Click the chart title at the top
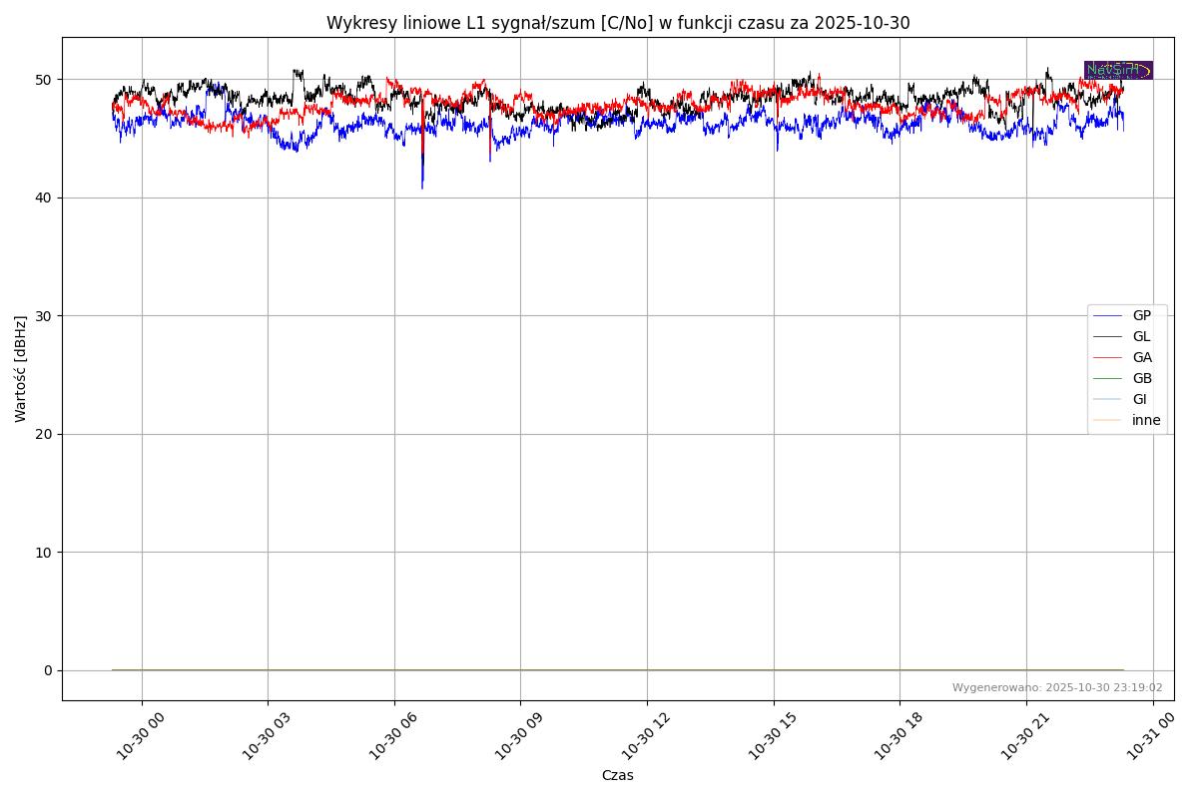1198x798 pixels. point(618,23)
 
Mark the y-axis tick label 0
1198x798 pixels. point(47,670)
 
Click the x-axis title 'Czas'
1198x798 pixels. point(617,775)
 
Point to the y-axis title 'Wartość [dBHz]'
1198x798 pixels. point(21,369)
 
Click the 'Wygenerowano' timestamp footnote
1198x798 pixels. point(1056,688)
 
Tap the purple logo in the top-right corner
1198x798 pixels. point(1118,70)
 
